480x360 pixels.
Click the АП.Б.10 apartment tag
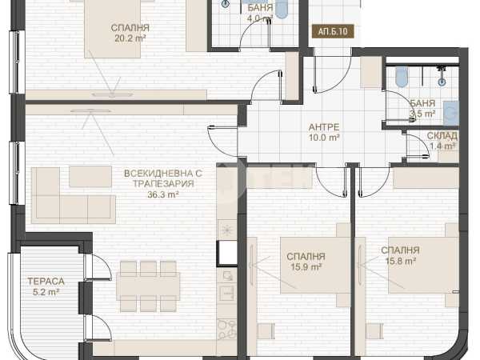coord(333,31)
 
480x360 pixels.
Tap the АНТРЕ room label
coord(324,126)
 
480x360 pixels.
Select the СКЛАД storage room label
coord(442,136)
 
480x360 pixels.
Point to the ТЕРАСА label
coord(46,281)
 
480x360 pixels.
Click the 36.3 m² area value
coord(163,194)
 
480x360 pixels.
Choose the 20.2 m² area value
coord(130,38)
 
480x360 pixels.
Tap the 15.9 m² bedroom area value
coord(306,267)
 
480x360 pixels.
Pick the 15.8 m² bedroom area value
coord(401,261)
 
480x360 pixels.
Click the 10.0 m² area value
coord(324,138)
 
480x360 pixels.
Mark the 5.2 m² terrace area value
coord(46,292)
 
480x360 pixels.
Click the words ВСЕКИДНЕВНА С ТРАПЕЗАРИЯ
coord(163,178)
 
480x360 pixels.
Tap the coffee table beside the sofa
coord(90,176)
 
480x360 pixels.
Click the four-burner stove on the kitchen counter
coord(227,330)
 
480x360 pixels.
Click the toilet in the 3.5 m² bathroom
coord(402,76)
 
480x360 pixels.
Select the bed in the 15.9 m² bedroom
coord(316,265)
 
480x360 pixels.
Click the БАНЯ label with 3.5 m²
coord(422,103)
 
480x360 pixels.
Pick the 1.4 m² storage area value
coord(442,146)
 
